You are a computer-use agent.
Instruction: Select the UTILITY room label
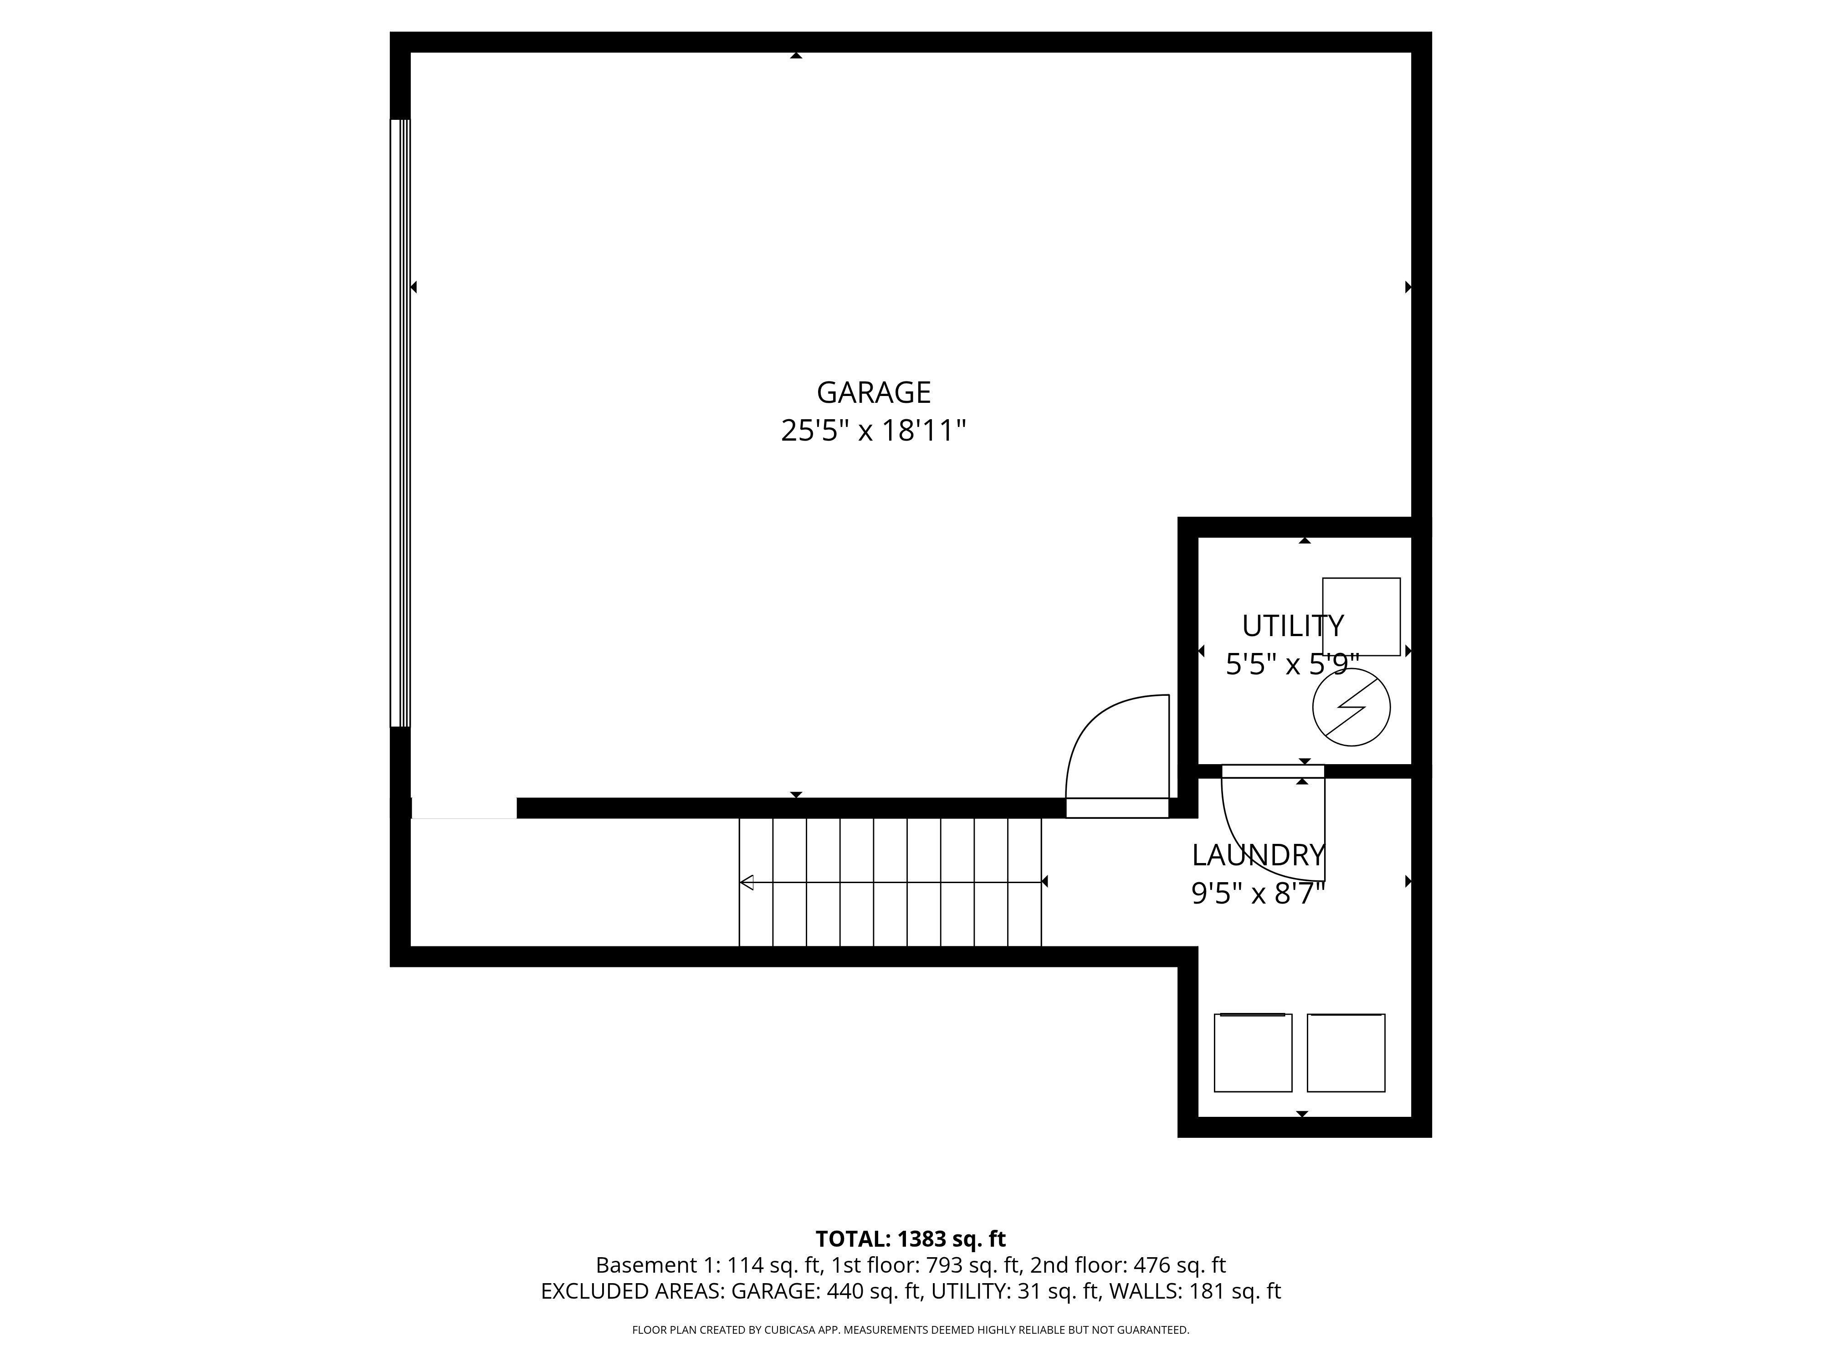point(1292,626)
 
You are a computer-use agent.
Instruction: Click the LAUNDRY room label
point(1258,855)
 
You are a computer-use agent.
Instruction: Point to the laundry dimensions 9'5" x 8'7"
point(1258,893)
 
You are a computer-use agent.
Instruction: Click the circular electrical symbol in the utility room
point(1351,707)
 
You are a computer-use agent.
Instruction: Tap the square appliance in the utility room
point(1361,617)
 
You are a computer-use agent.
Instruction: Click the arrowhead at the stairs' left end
point(747,883)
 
